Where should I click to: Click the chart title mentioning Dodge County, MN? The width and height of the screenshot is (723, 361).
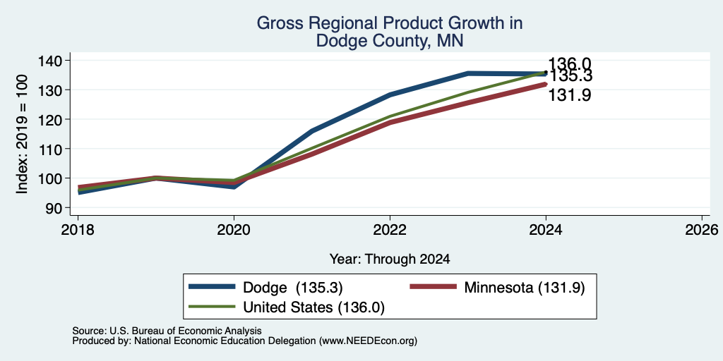pos(389,32)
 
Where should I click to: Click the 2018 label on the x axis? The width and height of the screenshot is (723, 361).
pos(78,229)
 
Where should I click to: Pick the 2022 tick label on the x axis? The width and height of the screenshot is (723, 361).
pos(390,229)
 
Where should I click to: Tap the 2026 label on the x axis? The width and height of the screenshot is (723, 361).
pos(702,229)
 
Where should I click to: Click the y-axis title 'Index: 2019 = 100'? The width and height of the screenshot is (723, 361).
pos(22,134)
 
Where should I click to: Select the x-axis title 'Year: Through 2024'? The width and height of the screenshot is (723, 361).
pos(390,259)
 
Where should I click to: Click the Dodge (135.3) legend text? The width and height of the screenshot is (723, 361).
pos(293,288)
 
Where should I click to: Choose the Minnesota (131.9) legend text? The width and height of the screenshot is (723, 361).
pos(525,288)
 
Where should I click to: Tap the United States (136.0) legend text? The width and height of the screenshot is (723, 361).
pos(313,307)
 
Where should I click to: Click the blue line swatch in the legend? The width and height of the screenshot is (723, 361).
pos(212,287)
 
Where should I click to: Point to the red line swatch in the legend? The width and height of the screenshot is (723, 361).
pos(434,287)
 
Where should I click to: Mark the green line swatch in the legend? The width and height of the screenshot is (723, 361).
pos(212,306)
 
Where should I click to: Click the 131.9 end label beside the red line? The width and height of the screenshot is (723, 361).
pos(570,95)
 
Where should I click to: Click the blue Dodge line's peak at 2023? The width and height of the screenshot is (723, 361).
pos(468,73)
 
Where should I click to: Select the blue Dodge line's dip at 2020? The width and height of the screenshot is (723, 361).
pos(234,187)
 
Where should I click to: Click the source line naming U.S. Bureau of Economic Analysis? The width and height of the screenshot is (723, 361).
pos(167,331)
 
